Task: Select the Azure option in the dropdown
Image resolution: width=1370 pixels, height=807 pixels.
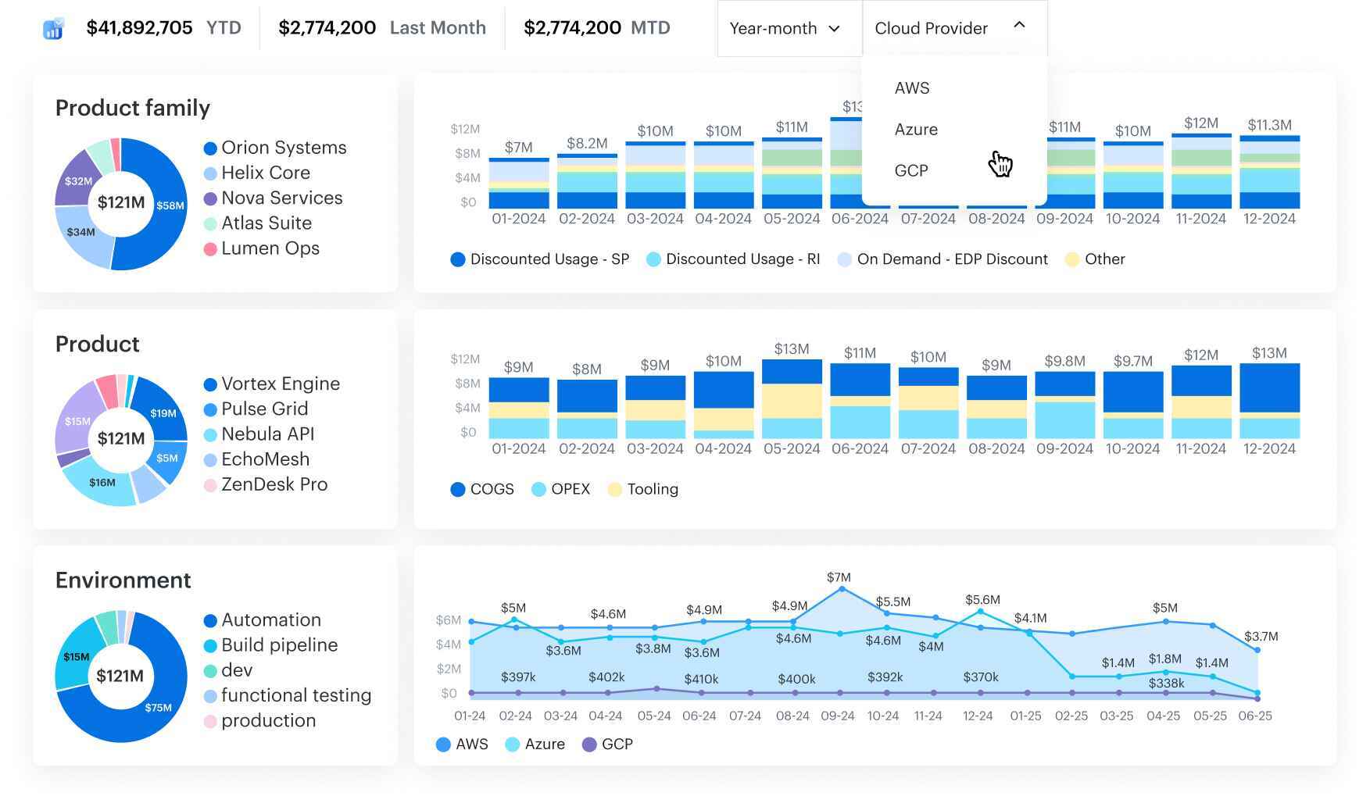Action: coord(916,130)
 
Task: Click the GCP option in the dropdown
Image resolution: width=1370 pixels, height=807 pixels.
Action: coord(911,171)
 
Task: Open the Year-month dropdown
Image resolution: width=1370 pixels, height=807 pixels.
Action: coord(785,29)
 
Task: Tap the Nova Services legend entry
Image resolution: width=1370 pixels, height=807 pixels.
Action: coord(281,198)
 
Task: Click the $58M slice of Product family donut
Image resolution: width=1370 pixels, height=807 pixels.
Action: coord(168,205)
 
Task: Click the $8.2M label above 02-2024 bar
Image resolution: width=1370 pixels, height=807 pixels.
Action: coord(586,143)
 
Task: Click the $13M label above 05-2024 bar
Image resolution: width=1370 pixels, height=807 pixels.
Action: coord(791,348)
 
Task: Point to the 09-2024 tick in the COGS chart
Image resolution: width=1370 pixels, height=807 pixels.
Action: coord(1064,449)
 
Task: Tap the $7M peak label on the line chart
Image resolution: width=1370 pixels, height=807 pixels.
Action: coord(839,577)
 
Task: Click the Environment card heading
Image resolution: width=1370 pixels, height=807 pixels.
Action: coord(123,580)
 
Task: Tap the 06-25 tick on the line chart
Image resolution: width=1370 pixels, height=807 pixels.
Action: coord(1254,716)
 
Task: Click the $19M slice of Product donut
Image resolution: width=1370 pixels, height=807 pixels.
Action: coord(163,413)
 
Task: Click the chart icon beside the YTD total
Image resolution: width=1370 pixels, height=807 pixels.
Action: coord(53,29)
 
